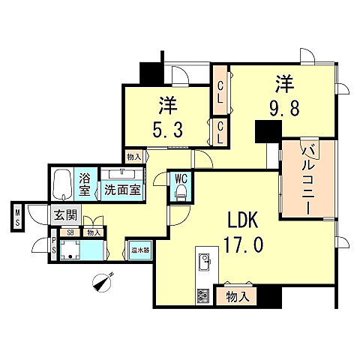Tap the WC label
(181, 178)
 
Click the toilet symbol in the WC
(181, 193)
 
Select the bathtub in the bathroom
(62, 182)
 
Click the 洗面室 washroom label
(121, 190)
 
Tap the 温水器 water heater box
(139, 249)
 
